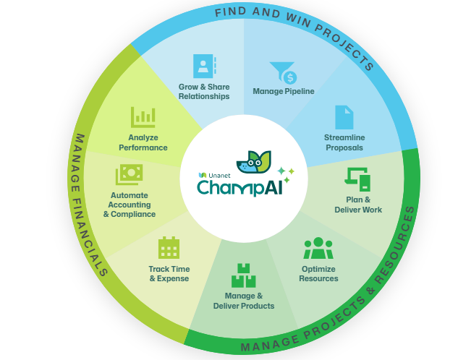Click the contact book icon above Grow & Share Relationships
click(x=205, y=66)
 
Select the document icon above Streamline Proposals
click(x=344, y=117)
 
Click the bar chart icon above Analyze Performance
click(x=143, y=117)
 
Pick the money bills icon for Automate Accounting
click(x=129, y=174)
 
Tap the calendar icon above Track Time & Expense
click(x=169, y=247)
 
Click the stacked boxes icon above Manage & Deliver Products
click(x=244, y=275)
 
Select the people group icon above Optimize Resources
click(x=318, y=248)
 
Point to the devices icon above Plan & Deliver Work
click(x=357, y=179)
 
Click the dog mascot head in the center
click(x=253, y=162)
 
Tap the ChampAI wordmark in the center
click(x=239, y=187)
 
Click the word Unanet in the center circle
click(x=219, y=176)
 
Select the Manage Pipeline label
click(x=284, y=91)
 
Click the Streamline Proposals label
click(x=344, y=142)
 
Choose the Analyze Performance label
click(x=143, y=142)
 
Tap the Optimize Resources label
click(x=318, y=274)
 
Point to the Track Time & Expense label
click(x=169, y=274)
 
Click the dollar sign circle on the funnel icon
click(x=290, y=77)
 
